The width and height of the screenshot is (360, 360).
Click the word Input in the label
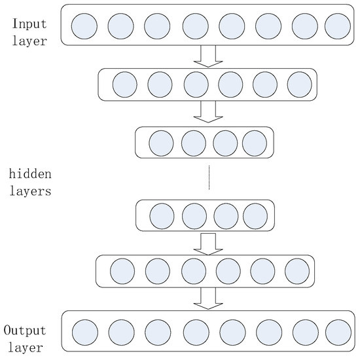point(29,24)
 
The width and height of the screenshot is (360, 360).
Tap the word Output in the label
point(25,331)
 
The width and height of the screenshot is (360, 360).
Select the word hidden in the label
point(30,174)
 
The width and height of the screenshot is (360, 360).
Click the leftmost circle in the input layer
point(84,26)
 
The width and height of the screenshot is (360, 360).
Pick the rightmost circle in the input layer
point(338,26)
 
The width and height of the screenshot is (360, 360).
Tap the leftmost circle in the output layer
point(85,333)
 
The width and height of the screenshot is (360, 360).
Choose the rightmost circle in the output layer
point(338,333)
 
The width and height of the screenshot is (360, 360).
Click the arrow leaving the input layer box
point(208,56)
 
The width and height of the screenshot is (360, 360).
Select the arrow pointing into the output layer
point(208,298)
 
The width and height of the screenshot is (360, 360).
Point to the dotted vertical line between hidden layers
point(209,177)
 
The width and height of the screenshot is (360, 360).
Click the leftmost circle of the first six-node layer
point(125,84)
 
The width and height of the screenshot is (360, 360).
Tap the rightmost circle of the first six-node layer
point(299,84)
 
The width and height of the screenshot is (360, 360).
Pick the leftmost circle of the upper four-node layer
point(161,143)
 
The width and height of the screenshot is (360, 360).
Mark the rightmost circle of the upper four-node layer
point(255,143)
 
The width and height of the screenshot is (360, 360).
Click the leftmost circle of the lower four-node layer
point(162,216)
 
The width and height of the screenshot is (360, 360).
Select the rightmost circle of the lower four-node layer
point(255,216)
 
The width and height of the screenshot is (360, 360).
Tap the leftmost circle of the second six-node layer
point(122,271)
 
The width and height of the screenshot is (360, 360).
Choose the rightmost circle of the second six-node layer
point(297,271)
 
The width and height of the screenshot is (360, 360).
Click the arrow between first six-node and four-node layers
point(208,112)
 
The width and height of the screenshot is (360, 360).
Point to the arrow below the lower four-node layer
point(208,244)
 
